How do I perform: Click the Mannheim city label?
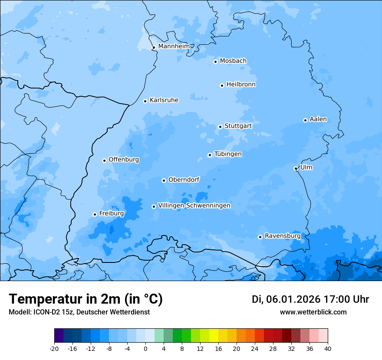tap(174, 46)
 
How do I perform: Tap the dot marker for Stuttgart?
tap(220, 127)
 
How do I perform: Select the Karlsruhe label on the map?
tap(164, 100)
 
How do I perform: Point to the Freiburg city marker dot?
tap(95, 214)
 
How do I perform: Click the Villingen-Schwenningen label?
tap(194, 206)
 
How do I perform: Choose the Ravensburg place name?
tap(283, 236)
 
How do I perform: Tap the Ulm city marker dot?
tap(296, 168)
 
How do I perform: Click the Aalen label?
tap(318, 119)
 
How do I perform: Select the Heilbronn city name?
tap(241, 85)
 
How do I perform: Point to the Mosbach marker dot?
tap(215, 62)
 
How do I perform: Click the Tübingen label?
tap(228, 154)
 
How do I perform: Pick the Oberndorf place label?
tap(184, 180)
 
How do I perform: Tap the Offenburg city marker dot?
tap(104, 160)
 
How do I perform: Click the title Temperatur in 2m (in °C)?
tap(86, 299)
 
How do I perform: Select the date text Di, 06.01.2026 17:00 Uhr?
tap(310, 299)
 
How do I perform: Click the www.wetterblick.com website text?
tap(313, 312)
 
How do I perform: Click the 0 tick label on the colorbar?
tap(145, 348)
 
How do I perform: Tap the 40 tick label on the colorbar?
tap(327, 348)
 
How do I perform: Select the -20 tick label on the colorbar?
tap(54, 348)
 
